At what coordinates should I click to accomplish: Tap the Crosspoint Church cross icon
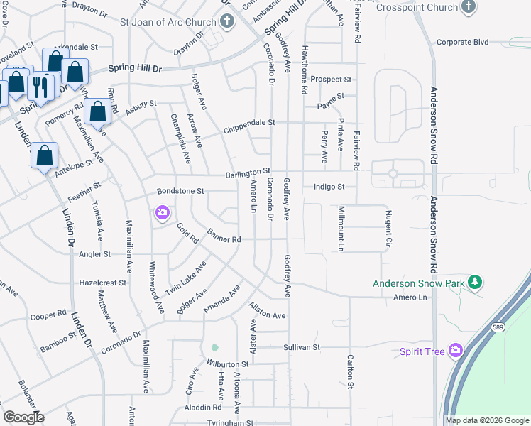coord(468,7)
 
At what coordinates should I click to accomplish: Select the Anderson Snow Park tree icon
coord(475,283)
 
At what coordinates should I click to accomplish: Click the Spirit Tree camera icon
coord(455,351)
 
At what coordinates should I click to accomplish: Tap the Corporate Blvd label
coord(463,42)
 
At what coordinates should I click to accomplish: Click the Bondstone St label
coord(180,191)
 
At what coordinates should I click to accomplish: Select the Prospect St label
coord(331,80)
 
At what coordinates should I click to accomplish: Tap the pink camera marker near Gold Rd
coord(163,212)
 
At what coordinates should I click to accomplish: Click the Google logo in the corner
coord(23,417)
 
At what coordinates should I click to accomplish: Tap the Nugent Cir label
coord(388,224)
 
